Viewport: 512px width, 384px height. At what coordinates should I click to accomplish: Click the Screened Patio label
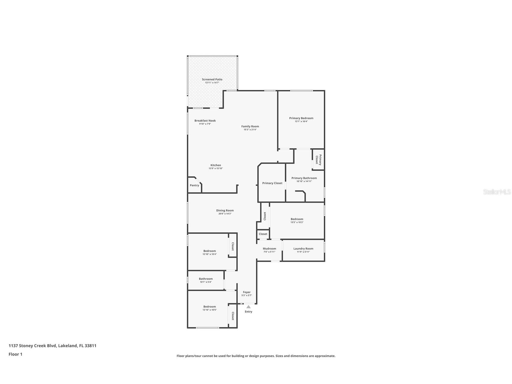212,79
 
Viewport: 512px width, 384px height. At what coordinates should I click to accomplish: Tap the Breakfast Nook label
205,121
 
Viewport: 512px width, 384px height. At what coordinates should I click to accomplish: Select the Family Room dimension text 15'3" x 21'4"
250,130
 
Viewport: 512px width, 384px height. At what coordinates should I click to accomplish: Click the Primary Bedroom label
301,118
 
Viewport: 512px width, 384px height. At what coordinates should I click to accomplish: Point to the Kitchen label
216,165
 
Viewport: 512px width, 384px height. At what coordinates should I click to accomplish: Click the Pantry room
194,185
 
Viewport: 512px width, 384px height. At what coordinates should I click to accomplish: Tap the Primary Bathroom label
304,178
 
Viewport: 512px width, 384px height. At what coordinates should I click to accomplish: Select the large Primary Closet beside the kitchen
272,183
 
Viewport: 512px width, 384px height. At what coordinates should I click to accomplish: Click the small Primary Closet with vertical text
319,160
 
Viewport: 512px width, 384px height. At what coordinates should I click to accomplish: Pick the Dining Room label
225,211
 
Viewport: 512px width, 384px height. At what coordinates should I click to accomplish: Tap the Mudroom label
269,249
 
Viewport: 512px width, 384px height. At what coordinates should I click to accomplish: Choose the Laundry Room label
303,249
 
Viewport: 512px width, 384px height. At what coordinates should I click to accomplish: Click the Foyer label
247,292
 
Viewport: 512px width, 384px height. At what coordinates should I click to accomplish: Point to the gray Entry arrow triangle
248,307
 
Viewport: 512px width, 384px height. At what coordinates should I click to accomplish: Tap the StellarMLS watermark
497,192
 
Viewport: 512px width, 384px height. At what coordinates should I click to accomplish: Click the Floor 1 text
15,354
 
